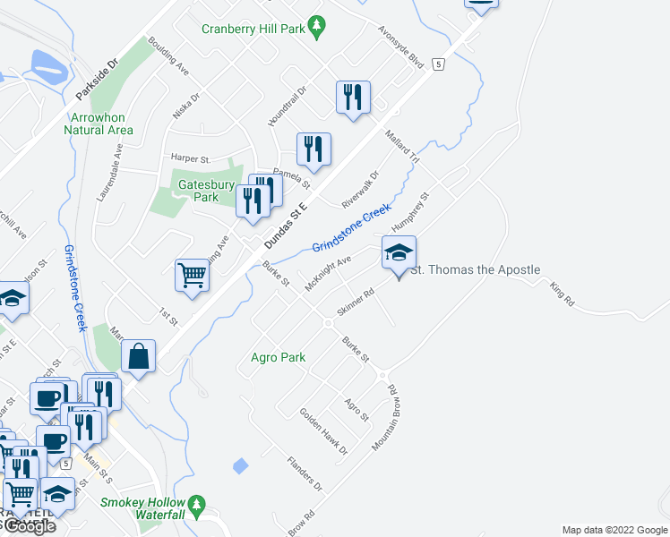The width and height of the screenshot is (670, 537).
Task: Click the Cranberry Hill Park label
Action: coord(254,29)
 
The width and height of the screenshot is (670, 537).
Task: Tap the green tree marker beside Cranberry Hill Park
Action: coord(315,28)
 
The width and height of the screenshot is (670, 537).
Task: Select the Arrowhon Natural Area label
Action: coord(99,124)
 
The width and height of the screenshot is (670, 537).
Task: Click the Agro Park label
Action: coord(279,357)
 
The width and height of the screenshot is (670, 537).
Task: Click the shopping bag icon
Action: coord(140,356)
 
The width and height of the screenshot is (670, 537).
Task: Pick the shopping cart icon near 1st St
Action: coord(192,277)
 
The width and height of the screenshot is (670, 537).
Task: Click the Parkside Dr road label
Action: coord(97,79)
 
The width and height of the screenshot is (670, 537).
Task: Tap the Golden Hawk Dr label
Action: coord(322,431)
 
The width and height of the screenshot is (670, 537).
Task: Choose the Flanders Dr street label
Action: coord(304,474)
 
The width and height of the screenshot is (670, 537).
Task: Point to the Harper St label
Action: coord(190,159)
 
